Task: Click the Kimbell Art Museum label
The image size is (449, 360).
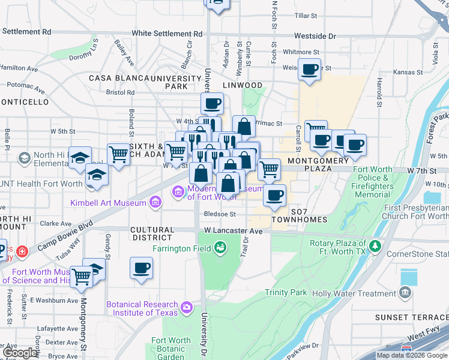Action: [x=109, y=203]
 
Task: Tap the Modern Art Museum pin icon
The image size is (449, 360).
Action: [x=178, y=192]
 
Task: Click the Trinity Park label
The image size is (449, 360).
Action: [x=286, y=293]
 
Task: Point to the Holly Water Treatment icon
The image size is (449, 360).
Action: [x=406, y=293]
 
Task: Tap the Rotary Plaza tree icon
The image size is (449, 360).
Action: [x=375, y=245]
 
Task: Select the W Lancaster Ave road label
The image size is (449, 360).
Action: [x=233, y=230]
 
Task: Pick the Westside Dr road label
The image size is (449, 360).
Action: [x=315, y=36]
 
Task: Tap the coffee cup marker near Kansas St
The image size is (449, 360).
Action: [x=309, y=70]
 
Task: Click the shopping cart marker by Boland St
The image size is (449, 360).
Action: [x=119, y=155]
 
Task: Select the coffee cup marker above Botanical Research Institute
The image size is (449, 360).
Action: [x=142, y=268]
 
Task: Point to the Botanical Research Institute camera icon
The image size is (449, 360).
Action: [x=187, y=308]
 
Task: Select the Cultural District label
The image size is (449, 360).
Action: [x=152, y=234]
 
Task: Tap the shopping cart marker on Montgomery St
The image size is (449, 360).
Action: [x=81, y=277]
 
